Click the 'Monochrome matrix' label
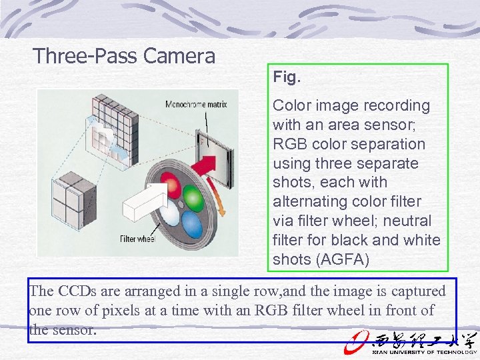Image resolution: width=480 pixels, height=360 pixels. [x=196, y=104]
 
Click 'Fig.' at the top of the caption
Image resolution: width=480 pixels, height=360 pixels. [x=287, y=77]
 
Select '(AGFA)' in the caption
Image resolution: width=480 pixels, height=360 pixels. [x=344, y=259]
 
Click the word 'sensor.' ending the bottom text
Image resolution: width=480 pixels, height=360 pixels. [x=76, y=329]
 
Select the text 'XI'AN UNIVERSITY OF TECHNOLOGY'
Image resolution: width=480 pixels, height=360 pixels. [x=420, y=352]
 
